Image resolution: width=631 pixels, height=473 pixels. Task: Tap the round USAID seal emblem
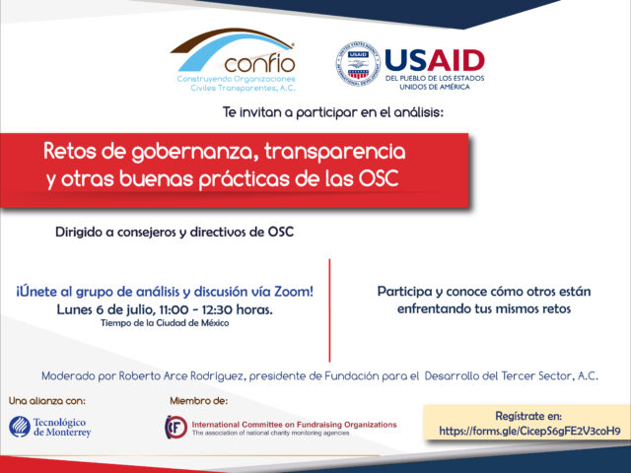(x=358, y=63)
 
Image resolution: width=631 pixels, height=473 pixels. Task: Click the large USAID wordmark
(x=435, y=60)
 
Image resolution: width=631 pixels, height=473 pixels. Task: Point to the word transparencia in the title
(x=334, y=152)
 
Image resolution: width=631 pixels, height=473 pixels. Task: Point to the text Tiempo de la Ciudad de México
(x=165, y=323)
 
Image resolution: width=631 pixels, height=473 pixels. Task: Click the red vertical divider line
(x=329, y=310)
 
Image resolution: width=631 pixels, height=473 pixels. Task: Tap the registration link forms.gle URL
(x=529, y=432)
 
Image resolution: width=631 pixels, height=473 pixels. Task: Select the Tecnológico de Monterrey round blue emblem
(x=20, y=427)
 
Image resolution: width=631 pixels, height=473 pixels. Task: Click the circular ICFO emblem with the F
(x=175, y=427)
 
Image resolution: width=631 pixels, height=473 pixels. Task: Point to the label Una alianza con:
(x=47, y=401)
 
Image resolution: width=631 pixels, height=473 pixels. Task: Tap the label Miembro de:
(x=199, y=401)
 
